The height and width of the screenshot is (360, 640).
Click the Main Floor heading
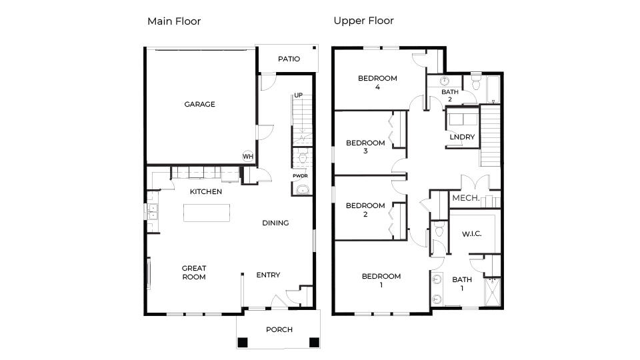174,21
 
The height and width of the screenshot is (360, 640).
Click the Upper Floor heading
363,21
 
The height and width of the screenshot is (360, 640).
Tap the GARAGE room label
200,104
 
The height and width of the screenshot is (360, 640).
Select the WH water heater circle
248,156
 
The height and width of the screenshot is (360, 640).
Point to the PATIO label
289,59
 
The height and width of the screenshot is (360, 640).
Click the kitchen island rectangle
207,213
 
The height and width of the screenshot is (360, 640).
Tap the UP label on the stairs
299,95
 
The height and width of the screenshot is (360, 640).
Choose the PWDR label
299,176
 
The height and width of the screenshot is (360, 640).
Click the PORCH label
279,329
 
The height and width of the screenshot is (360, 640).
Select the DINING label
275,223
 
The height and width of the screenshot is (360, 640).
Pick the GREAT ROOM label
194,272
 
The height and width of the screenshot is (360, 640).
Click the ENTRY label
268,275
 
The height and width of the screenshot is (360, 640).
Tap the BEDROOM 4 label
377,82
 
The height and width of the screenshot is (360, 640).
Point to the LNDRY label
462,137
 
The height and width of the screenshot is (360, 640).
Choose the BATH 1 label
462,284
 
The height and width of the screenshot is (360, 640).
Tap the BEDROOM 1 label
381,280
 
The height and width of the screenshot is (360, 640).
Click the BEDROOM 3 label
365,147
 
